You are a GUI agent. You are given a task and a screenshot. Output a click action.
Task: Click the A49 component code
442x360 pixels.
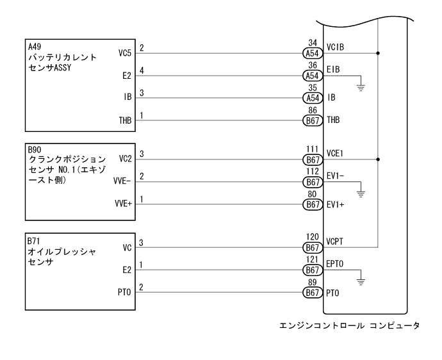33,47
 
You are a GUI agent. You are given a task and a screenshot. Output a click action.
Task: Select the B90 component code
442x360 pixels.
33,150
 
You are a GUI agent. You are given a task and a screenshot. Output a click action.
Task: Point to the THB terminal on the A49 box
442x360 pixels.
126,120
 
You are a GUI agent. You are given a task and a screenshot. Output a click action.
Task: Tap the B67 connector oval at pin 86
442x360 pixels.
312,120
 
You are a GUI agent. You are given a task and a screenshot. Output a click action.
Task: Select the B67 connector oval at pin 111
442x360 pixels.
312,160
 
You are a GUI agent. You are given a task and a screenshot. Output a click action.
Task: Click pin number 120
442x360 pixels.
312,236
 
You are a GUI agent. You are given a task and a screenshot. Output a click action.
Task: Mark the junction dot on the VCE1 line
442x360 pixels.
379,160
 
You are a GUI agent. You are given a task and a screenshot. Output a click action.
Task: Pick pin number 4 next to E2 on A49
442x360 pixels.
142,69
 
